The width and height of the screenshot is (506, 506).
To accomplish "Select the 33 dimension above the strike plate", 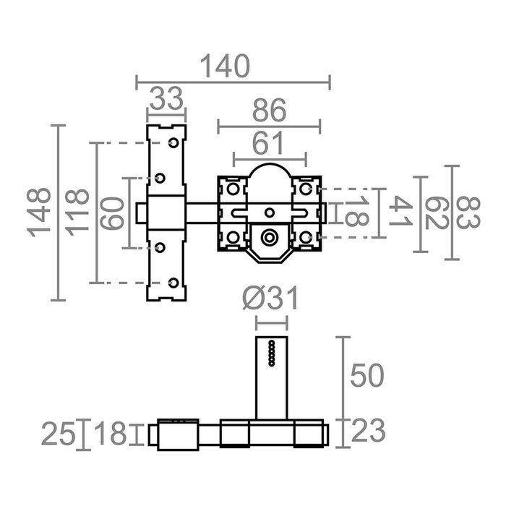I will click(x=166, y=98).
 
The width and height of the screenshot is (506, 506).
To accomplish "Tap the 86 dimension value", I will click(x=267, y=111).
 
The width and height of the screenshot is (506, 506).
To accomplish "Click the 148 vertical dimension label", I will click(x=40, y=213).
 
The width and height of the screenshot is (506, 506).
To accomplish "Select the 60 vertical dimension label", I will click(x=112, y=213).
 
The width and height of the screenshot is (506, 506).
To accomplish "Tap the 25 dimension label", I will click(x=61, y=434).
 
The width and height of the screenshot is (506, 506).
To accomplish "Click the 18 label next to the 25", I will click(x=111, y=434).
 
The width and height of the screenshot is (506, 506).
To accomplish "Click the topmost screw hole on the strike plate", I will click(x=173, y=144).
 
